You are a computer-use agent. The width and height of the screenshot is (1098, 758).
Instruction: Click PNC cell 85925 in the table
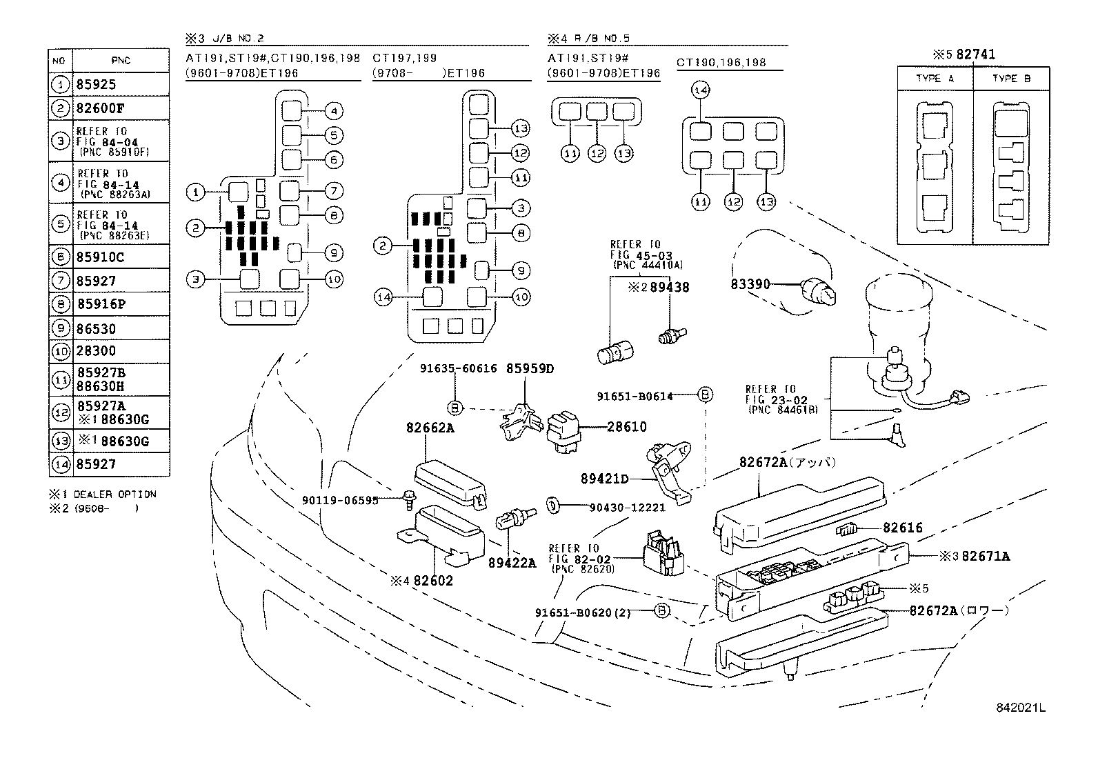click(x=97, y=85)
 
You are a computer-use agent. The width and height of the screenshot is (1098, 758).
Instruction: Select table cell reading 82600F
click(x=100, y=108)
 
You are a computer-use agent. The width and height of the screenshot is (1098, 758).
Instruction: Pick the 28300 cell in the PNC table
click(x=96, y=351)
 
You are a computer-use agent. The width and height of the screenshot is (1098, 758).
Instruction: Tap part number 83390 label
click(x=750, y=284)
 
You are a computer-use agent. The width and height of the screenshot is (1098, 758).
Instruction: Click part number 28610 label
click(x=627, y=427)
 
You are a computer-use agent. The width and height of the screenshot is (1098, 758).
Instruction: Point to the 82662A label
click(x=430, y=428)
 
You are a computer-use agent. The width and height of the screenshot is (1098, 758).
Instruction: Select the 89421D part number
click(x=605, y=479)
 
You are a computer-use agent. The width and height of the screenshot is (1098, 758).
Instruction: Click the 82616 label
click(x=902, y=528)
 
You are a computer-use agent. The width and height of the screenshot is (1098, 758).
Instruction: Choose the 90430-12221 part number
click(x=627, y=507)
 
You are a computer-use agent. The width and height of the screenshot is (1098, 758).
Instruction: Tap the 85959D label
click(x=530, y=368)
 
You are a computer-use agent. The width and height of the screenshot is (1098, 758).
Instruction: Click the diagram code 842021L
click(x=1020, y=708)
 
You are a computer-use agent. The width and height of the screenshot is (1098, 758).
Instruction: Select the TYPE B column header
click(x=1010, y=79)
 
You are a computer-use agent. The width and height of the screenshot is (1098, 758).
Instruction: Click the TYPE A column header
click(x=935, y=79)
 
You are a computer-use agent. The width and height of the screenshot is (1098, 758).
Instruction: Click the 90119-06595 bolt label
click(x=340, y=500)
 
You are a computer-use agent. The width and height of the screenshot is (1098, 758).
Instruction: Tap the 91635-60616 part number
click(x=458, y=368)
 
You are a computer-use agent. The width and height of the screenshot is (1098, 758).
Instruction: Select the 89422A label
click(x=512, y=562)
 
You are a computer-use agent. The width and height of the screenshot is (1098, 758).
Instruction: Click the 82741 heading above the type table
click(x=975, y=54)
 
